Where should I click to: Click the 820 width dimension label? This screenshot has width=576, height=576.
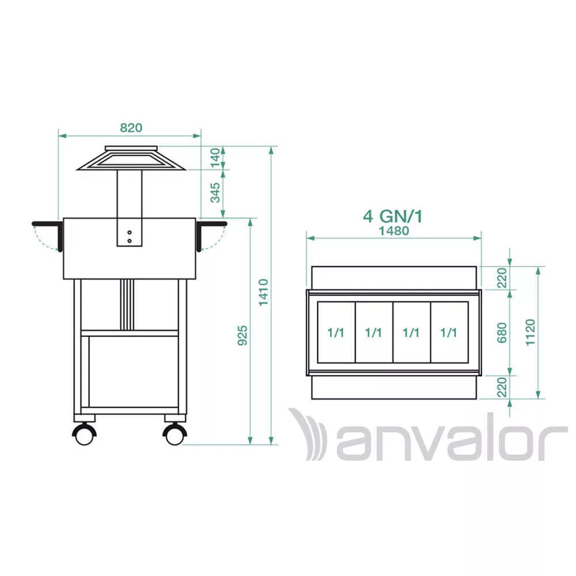tap(131, 127)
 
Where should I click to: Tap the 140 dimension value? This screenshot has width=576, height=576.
tap(215, 158)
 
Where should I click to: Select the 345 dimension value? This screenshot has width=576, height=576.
tap(215, 192)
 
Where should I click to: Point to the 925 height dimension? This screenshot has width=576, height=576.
tap(242, 335)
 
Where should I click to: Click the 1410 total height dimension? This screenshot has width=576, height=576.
tap(263, 293)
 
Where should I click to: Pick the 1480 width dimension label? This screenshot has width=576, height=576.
tap(394, 231)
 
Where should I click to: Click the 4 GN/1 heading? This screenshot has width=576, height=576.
tap(393, 216)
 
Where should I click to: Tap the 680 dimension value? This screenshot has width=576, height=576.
tap(502, 333)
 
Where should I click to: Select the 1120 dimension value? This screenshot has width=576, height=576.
tap(530, 332)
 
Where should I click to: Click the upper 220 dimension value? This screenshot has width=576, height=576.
tap(502, 278)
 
